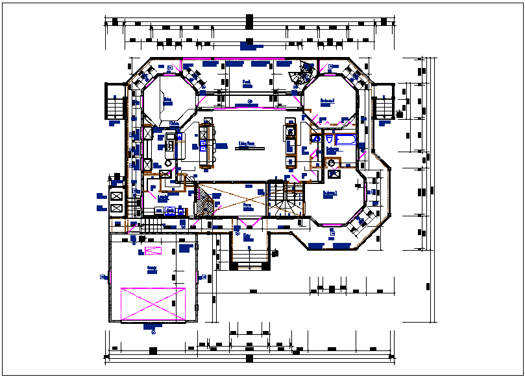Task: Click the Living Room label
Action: point(245,143)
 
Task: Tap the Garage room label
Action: point(151,268)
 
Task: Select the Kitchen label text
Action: point(174,123)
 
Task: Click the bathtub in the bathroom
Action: point(345,140)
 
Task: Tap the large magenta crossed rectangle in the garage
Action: point(153,303)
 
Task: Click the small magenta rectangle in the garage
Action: point(153,251)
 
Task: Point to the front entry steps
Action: point(249,261)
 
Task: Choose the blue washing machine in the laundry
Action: point(171,211)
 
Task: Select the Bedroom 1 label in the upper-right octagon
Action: point(327,101)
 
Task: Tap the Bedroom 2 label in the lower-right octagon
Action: point(330,193)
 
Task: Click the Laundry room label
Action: point(164,195)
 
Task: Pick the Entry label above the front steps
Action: point(247,237)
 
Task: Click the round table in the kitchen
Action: point(168,163)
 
